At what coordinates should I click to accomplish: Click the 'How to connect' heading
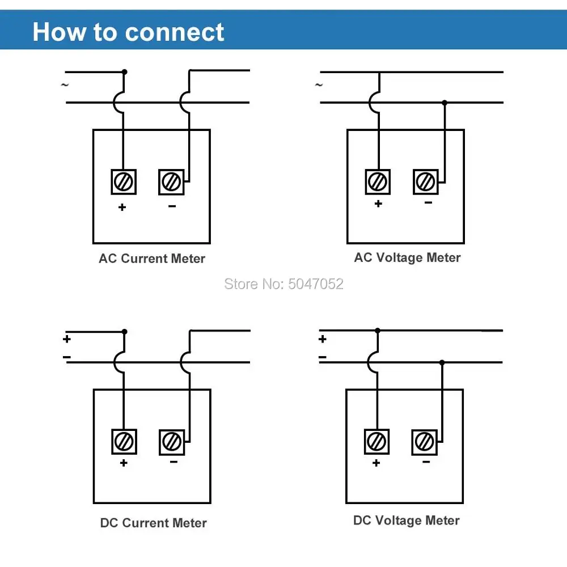pos(129,32)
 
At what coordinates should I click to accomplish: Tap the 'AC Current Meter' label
pos(152,259)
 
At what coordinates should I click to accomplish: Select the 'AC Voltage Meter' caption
pos(407,258)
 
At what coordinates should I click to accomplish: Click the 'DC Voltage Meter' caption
pos(406,521)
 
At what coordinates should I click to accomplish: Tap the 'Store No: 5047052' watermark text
pos(283,284)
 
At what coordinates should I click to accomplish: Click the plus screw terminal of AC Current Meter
pos(123,182)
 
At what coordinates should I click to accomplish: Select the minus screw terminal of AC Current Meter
pos(171,182)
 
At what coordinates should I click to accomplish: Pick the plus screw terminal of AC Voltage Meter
pos(378,182)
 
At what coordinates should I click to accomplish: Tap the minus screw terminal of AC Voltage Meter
pos(425,182)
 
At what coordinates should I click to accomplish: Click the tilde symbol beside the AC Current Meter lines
pos(65,85)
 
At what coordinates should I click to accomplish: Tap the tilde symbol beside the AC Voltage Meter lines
pos(319,85)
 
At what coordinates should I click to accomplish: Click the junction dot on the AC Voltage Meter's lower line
pos(445,103)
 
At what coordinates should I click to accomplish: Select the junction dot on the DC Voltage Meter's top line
pos(378,330)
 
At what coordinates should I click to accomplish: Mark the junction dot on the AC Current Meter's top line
pos(125,72)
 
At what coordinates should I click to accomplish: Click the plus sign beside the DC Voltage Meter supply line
pos(323,339)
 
